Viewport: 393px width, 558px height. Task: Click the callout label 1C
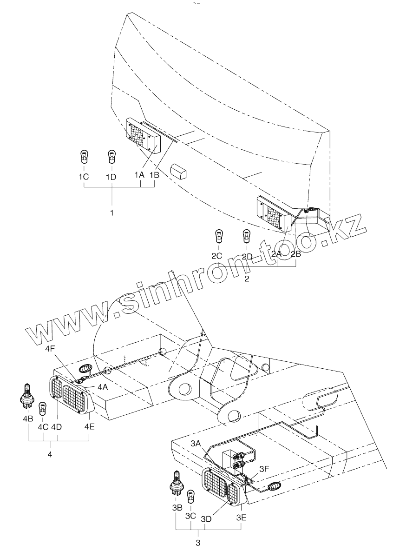[84, 177]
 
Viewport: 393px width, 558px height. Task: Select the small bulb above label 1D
[111, 157]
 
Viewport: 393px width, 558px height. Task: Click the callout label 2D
[247, 256]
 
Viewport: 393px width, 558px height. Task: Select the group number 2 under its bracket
[247, 279]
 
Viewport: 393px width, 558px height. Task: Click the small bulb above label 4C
[42, 408]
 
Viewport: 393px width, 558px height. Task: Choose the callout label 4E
[89, 426]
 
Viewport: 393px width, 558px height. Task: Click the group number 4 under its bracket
[50, 453]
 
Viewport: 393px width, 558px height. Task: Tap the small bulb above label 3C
[190, 498]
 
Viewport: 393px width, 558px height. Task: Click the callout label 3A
[196, 444]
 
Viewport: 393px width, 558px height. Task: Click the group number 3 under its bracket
[198, 543]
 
